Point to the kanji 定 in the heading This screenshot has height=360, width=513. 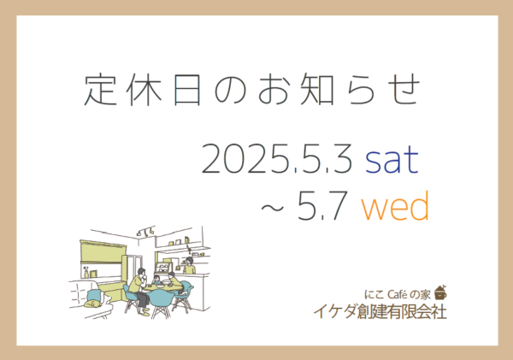tap(100, 89)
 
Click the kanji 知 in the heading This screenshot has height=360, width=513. tap(316, 89)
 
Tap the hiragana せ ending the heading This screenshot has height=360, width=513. tap(404, 89)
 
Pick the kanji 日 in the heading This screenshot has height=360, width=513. tap(187, 89)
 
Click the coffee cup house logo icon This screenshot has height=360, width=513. tap(440, 292)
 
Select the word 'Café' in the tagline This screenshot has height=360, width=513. tap(398, 294)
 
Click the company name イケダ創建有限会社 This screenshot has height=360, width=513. tap(380, 311)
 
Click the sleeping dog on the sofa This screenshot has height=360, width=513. tap(92, 304)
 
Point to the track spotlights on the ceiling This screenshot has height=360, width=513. tap(146, 231)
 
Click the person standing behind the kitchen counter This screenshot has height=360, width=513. tap(189, 265)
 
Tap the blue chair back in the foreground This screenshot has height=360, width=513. tap(161, 298)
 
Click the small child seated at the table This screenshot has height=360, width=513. tap(156, 280)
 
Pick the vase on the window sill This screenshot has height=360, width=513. tap(86, 272)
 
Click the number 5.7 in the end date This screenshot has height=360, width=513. tap(321, 206)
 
